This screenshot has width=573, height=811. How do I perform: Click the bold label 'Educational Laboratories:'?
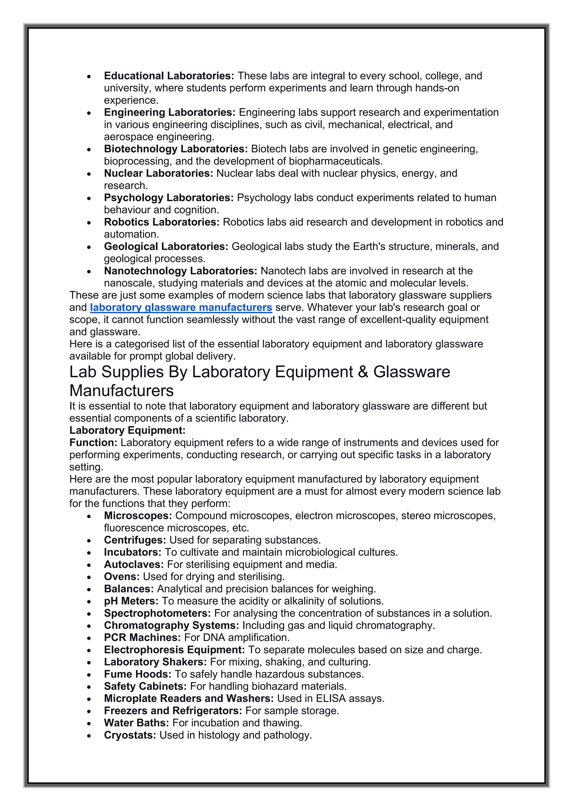point(169,76)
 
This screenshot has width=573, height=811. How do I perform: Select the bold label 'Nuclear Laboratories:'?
point(158,173)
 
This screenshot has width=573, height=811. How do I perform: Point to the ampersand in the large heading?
point(363,372)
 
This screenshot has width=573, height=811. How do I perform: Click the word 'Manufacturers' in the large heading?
point(121,391)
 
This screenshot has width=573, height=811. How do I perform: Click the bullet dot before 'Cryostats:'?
point(89,736)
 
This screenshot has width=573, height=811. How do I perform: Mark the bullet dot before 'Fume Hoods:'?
point(89,675)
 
